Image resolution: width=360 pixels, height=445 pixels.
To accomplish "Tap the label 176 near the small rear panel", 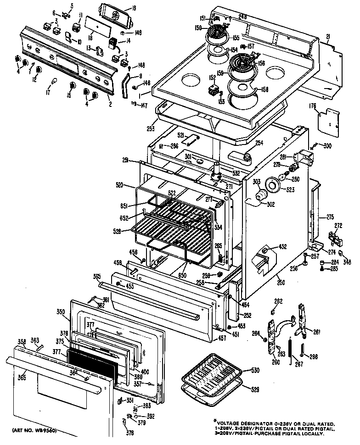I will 312,106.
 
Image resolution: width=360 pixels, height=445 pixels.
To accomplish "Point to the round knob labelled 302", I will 261,196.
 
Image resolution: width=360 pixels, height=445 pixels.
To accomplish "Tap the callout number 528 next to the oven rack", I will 118,231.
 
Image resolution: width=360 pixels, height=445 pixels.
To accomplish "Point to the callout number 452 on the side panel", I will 282,247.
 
